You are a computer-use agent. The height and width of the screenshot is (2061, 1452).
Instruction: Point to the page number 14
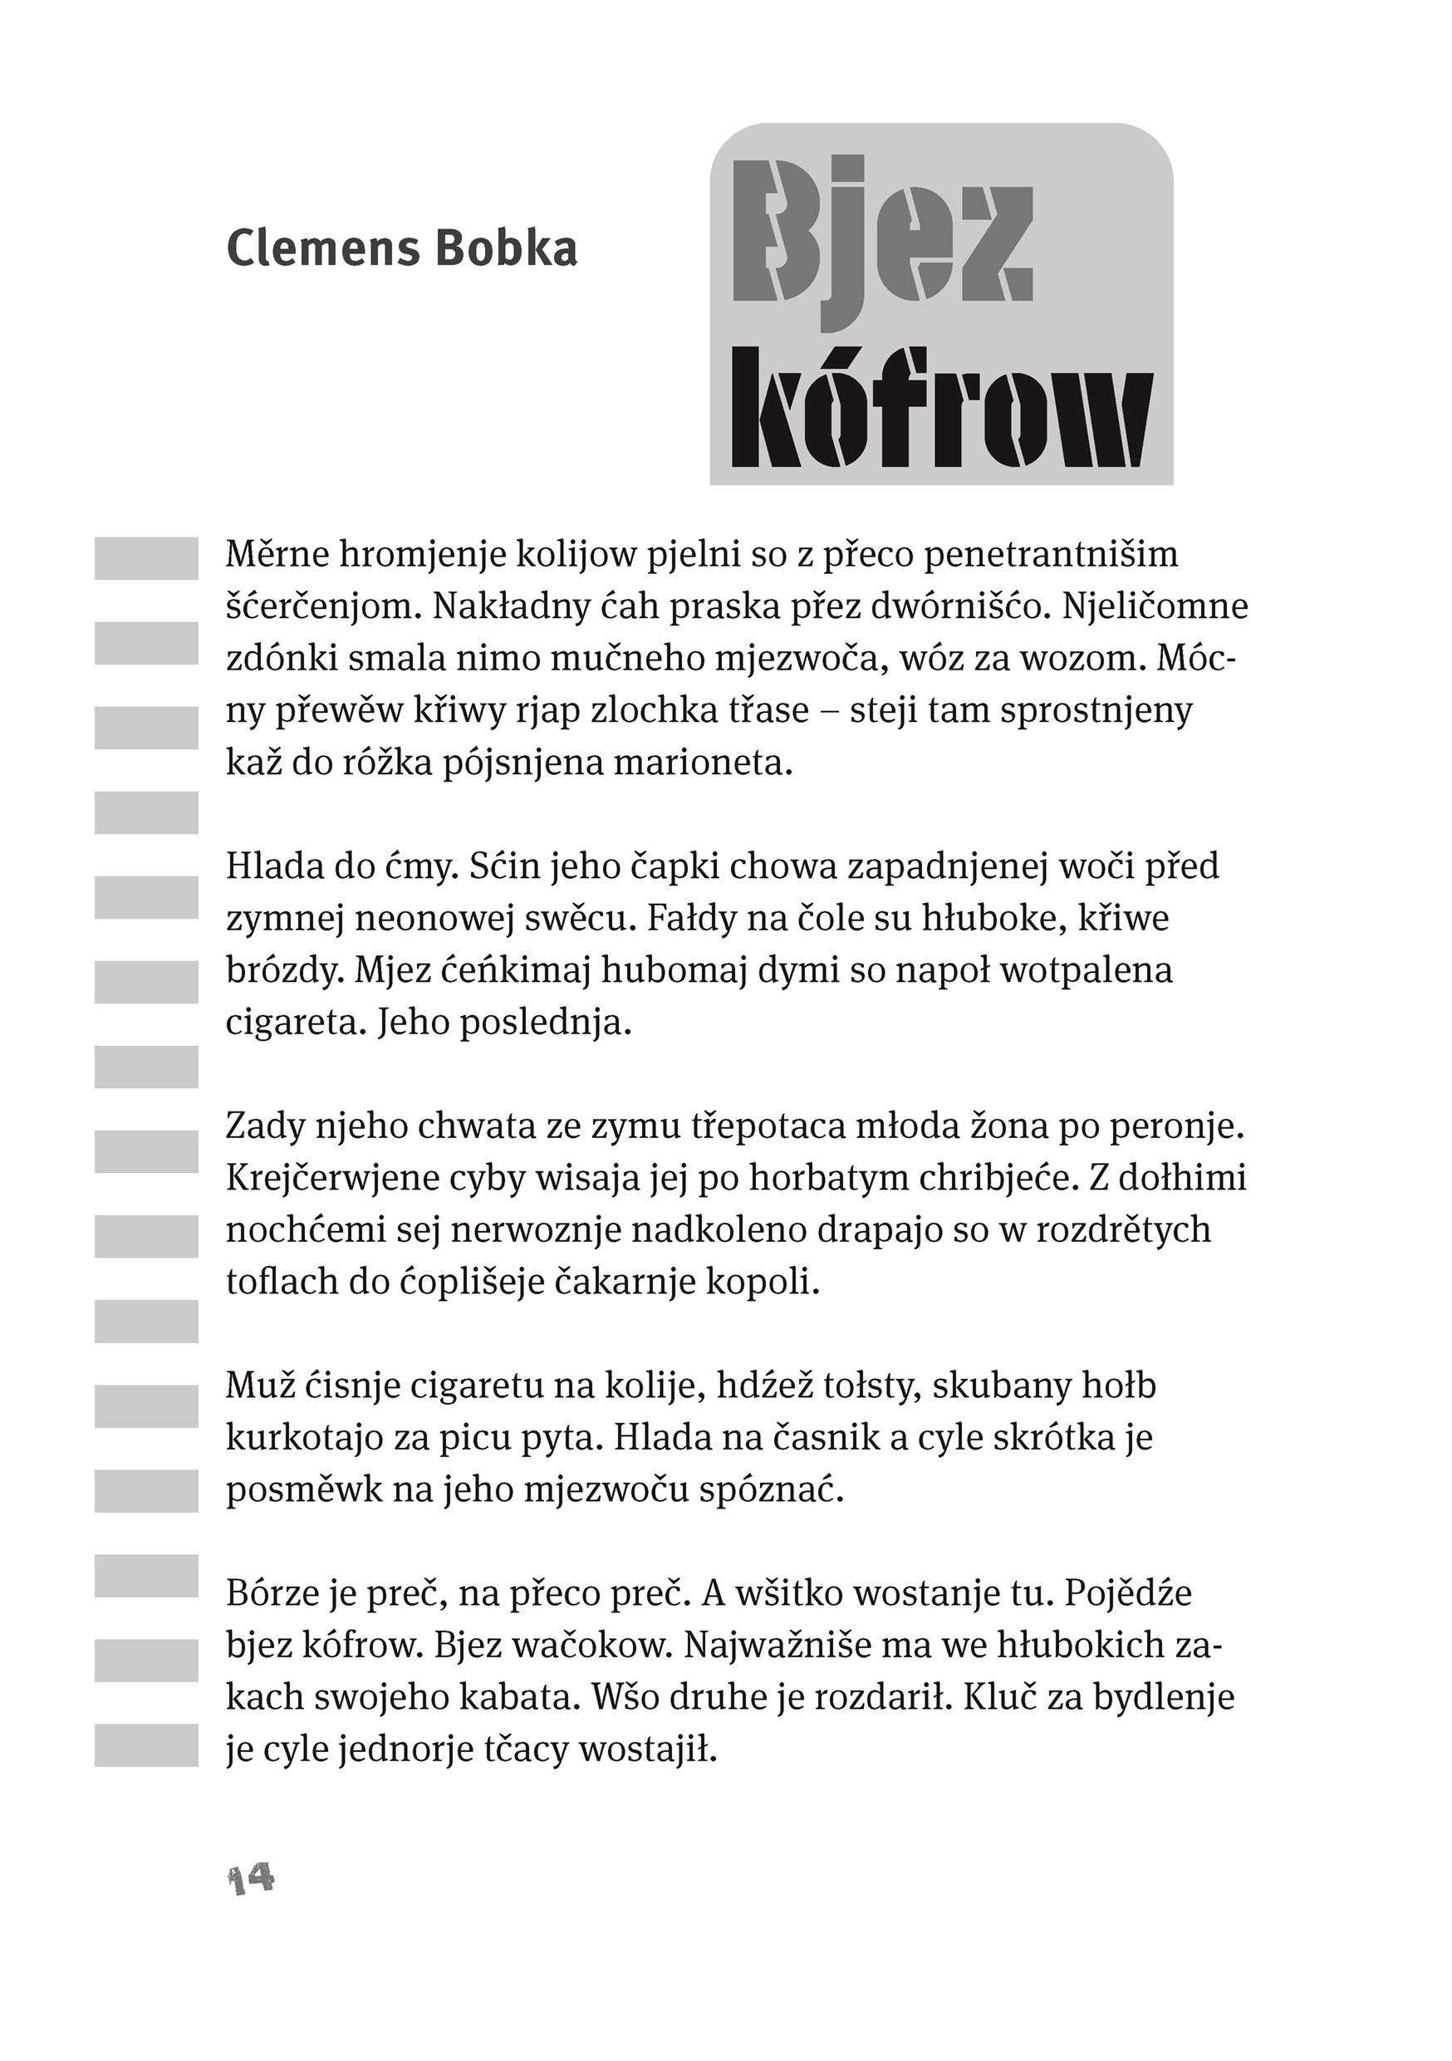[x=251, y=1879]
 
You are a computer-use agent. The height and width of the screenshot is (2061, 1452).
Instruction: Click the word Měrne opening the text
[x=277, y=555]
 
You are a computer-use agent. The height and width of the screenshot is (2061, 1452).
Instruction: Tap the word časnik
[x=806, y=1439]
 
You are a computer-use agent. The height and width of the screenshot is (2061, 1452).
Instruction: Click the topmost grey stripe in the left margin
[x=146, y=558]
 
